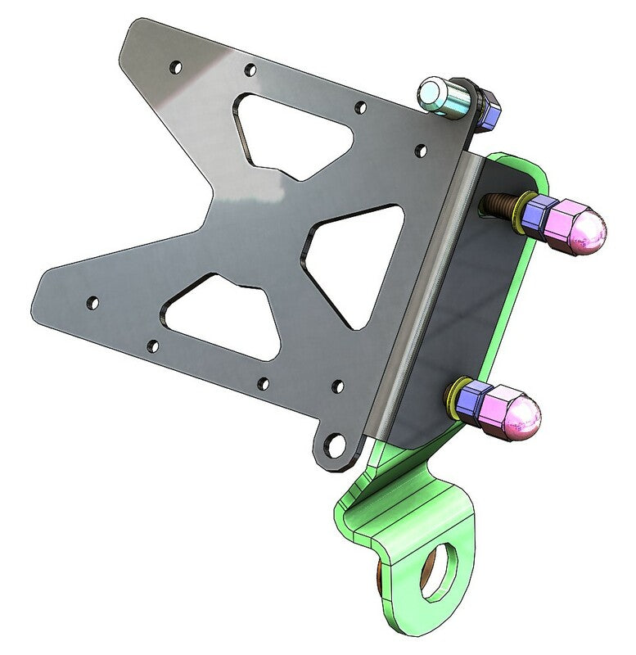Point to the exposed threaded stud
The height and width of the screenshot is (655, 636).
click(x=497, y=202)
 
